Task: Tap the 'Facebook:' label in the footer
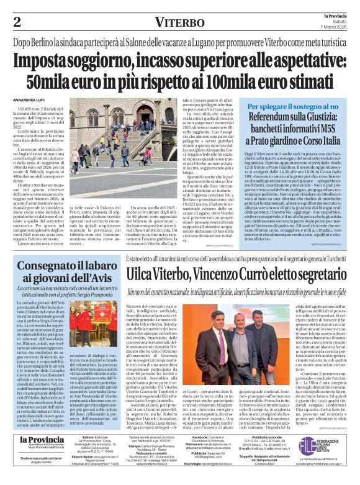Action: (199, 437)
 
